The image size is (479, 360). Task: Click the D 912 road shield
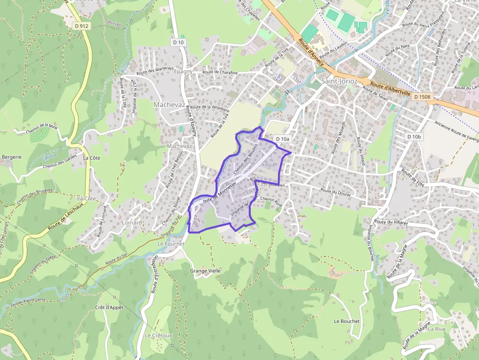pyautogui.click(x=82, y=25)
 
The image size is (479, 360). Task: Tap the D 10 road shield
pyautogui.click(x=178, y=42)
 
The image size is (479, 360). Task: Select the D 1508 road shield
pyautogui.click(x=422, y=97)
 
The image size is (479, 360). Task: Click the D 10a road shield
pyautogui.click(x=283, y=139)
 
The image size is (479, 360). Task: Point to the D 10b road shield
pyautogui.click(x=413, y=137)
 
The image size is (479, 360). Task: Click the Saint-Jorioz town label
pyautogui.click(x=340, y=81)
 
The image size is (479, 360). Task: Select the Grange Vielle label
pyautogui.click(x=205, y=271)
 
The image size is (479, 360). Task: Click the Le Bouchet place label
pyautogui.click(x=347, y=321)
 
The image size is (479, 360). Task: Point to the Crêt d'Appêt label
pyautogui.click(x=109, y=307)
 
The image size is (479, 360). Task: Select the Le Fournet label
pyautogui.click(x=171, y=243)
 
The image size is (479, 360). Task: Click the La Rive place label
pyautogui.click(x=436, y=329)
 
